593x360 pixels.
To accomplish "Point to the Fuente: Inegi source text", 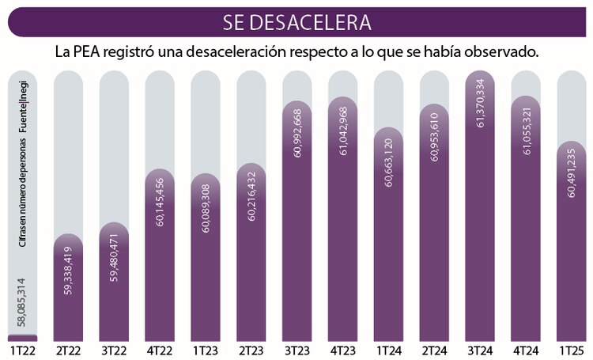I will (x=22, y=103).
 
